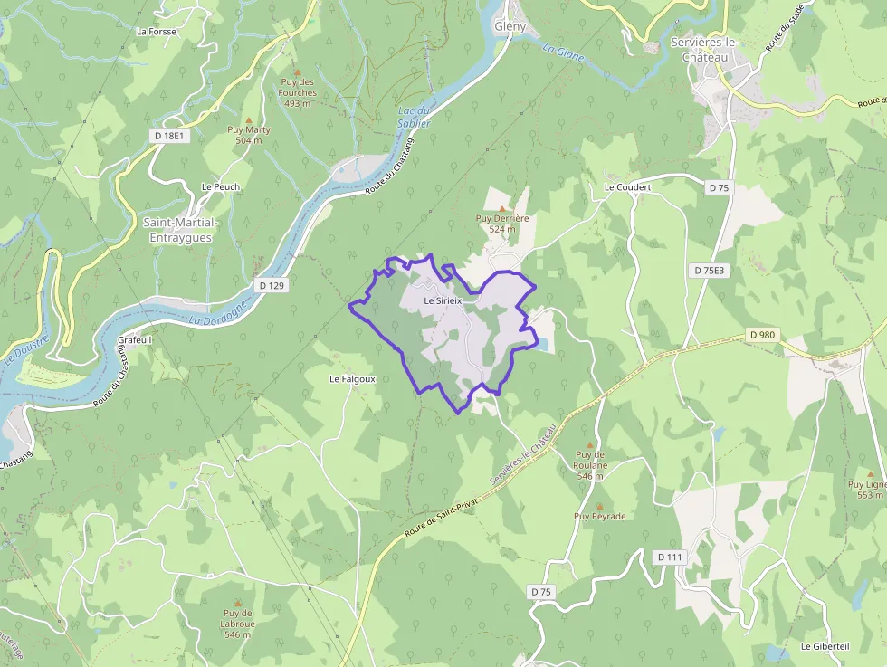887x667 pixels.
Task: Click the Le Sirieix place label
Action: coord(443,300)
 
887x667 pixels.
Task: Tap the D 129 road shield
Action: coord(272,286)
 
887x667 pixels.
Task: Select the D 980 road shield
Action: coord(763,335)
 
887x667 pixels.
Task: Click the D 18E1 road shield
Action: coord(169,136)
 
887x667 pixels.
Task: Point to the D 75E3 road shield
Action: coord(709,271)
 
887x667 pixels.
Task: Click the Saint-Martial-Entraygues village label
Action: coord(181,230)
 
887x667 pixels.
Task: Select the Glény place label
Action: coord(510,26)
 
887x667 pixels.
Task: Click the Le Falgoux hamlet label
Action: coord(352,378)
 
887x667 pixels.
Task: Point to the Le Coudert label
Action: coord(627,187)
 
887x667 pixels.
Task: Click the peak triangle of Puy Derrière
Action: coord(502,208)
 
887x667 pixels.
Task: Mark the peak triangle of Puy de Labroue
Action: coord(238,603)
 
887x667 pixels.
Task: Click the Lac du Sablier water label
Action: coord(413,117)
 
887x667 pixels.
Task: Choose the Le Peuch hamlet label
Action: coord(221,187)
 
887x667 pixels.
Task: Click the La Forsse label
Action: coord(157,31)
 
